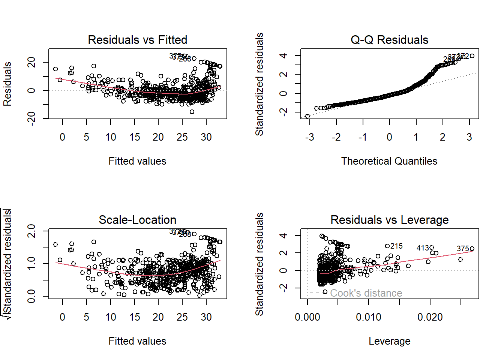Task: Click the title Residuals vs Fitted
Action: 137,40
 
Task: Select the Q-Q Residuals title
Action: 389,40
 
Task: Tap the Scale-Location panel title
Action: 137,220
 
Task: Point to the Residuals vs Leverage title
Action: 389,220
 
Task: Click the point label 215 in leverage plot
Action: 396,246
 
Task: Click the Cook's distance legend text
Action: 366,293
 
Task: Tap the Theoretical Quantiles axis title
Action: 389,161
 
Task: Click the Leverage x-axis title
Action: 389,341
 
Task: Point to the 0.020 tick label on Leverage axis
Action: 430,317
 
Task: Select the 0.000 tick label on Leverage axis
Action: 307,317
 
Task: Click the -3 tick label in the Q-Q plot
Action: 309,137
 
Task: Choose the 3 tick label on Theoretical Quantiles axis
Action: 469,137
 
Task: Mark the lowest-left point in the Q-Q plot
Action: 307,116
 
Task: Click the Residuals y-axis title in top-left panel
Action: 7,84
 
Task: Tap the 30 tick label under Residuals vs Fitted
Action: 206,137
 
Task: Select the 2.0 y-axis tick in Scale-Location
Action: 31,231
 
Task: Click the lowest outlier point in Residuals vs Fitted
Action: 192,112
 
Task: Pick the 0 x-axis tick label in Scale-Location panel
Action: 62,317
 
